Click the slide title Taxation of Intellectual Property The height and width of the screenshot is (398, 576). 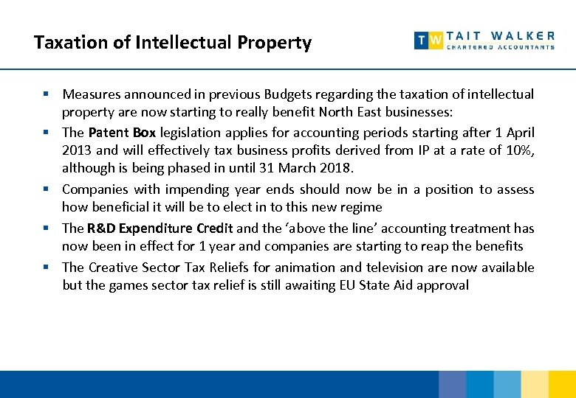click(173, 43)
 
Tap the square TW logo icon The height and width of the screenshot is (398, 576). click(428, 41)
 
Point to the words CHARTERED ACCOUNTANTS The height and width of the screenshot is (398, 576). click(501, 47)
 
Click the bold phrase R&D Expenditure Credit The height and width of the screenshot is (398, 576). click(160, 228)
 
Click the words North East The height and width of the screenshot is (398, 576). click(350, 113)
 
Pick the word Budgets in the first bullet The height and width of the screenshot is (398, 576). click(295, 94)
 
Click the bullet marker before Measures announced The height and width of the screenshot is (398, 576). click(46, 94)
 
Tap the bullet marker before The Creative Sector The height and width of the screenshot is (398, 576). click(46, 266)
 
